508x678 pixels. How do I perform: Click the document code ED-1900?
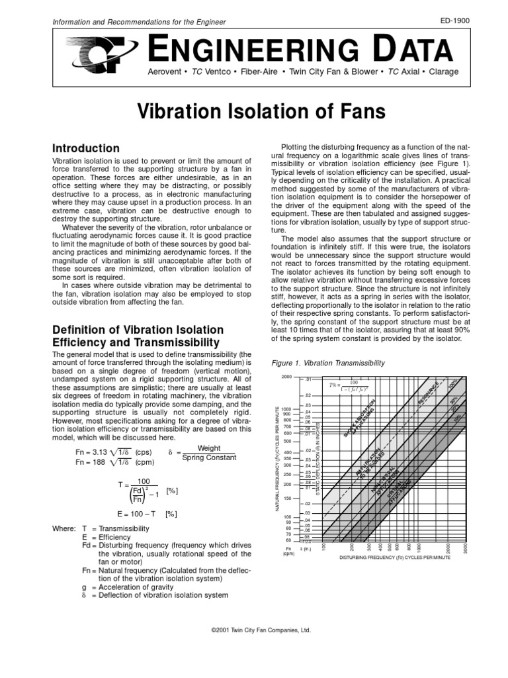point(454,21)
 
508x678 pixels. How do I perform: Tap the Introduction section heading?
point(85,148)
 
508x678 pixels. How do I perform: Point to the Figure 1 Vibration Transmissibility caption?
point(329,363)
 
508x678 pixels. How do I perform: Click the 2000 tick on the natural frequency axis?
point(286,377)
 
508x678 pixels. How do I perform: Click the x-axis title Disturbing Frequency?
point(395,558)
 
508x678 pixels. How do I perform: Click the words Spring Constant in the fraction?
point(208,458)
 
